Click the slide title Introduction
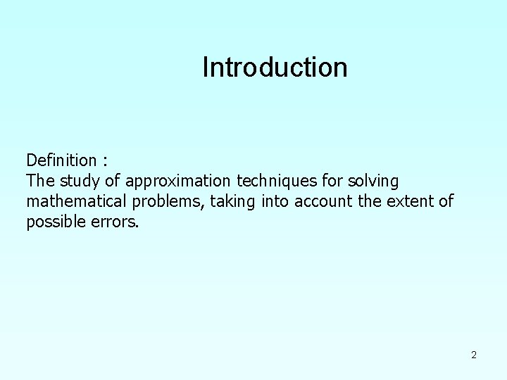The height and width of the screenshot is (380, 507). click(x=275, y=68)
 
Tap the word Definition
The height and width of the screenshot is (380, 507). click(x=61, y=160)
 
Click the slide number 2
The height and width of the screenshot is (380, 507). click(x=474, y=355)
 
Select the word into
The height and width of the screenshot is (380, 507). click(x=274, y=203)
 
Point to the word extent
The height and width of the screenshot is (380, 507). click(x=408, y=203)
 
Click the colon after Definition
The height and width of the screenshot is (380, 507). click(x=105, y=162)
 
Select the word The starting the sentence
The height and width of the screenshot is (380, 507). click(x=39, y=182)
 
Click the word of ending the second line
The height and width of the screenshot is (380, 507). click(x=446, y=203)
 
